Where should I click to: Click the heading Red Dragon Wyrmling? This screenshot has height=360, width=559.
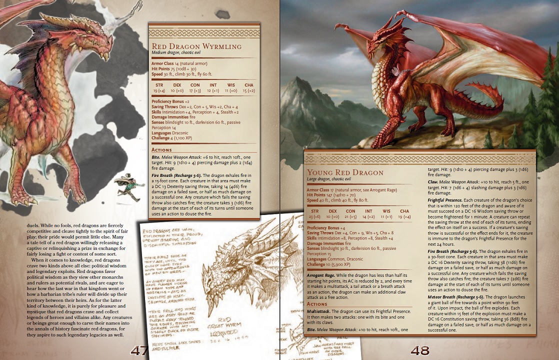[196, 46]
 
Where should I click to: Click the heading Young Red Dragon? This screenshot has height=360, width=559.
[345, 172]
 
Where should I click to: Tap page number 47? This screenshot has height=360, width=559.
[138, 350]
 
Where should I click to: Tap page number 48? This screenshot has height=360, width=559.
[420, 350]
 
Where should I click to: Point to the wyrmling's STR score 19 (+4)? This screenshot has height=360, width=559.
[158, 90]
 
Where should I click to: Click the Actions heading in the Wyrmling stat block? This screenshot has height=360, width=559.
[161, 149]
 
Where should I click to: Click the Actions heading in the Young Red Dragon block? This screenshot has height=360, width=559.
[316, 303]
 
